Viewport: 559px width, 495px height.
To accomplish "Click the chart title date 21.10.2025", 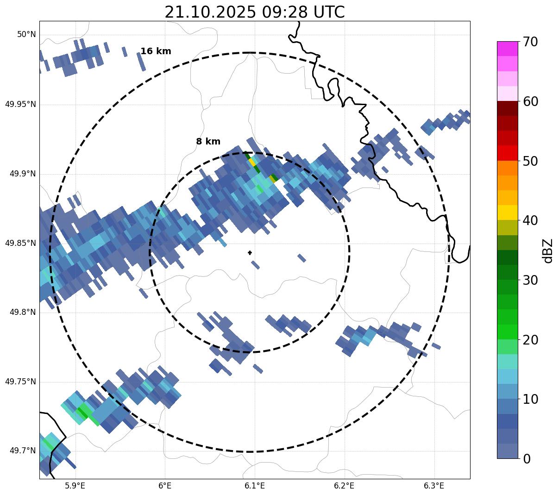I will [210, 12].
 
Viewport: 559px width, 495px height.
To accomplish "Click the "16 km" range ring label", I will [156, 51].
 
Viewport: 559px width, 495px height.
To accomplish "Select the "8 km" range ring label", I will [208, 142].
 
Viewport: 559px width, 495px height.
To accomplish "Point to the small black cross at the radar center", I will [250, 253].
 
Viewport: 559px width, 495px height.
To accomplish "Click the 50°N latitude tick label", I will [26, 35].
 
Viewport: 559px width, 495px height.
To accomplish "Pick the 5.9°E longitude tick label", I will [75, 486].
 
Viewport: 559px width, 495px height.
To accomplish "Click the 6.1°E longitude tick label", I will [254, 486].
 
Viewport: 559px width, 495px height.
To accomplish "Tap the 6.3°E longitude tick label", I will [434, 486].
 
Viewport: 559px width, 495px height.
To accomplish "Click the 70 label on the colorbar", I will [530, 42].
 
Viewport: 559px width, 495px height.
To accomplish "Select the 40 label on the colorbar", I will [530, 221].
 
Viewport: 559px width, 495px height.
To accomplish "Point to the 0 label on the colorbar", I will [527, 459].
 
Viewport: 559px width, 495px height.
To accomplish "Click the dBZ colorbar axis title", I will [548, 251].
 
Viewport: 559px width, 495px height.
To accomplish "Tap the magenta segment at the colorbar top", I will [507, 49].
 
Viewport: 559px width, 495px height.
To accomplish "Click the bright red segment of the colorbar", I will [507, 153].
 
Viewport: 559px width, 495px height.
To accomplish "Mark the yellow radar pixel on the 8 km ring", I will [252, 162].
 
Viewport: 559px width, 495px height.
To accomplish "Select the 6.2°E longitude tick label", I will [344, 486].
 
